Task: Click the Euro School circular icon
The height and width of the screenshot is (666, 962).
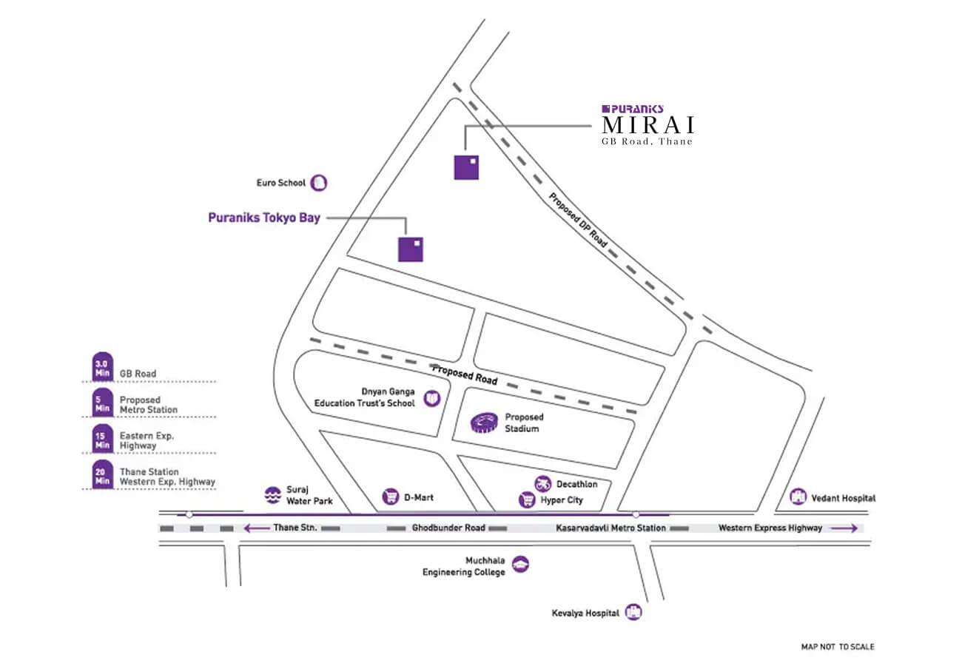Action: coord(319,183)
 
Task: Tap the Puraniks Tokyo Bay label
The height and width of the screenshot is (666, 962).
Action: coord(264,218)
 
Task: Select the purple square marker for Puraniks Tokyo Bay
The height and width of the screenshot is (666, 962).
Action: coord(411,249)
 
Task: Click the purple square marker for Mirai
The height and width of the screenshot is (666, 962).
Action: coord(466,166)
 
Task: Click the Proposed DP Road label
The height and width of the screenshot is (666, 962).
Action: coord(578,220)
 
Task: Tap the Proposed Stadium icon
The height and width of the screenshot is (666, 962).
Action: coord(485,423)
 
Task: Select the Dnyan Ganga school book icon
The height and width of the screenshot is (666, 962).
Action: coord(431,400)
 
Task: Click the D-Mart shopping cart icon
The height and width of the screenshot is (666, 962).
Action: coord(391,497)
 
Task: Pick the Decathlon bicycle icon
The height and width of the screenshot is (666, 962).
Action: coord(543,484)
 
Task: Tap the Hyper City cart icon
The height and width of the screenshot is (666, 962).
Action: coord(527,500)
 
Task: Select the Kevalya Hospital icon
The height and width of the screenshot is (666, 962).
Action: coord(633,612)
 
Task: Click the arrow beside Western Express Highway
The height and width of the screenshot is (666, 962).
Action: coord(844,528)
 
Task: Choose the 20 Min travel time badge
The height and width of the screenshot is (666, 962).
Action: coord(101,474)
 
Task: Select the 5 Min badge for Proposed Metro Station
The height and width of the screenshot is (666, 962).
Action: coord(101,403)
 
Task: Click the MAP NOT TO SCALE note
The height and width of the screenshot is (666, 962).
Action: coord(837,647)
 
